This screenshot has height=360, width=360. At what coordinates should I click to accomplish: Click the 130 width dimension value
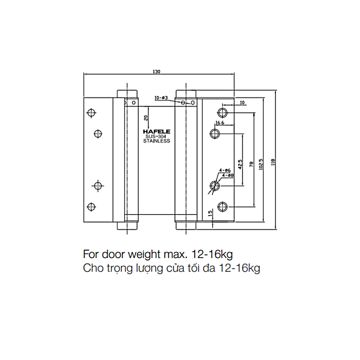(157, 71)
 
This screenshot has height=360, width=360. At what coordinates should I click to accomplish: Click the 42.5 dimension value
(240, 164)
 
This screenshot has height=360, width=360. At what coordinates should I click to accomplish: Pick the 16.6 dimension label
(220, 123)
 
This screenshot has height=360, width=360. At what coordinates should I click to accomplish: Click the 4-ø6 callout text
(225, 170)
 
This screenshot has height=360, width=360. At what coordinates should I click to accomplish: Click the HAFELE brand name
(157, 131)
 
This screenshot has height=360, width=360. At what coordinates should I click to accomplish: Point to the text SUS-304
(157, 136)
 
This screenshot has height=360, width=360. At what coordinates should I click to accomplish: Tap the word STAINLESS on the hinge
(157, 141)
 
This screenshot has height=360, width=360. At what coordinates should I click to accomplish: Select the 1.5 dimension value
(210, 214)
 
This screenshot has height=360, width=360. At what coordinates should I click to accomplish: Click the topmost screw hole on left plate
(91, 113)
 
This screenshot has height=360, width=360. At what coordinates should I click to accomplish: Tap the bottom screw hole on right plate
(222, 207)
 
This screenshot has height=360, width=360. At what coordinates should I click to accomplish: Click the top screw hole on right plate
(222, 113)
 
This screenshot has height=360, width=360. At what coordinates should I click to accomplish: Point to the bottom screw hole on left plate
(91, 207)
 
